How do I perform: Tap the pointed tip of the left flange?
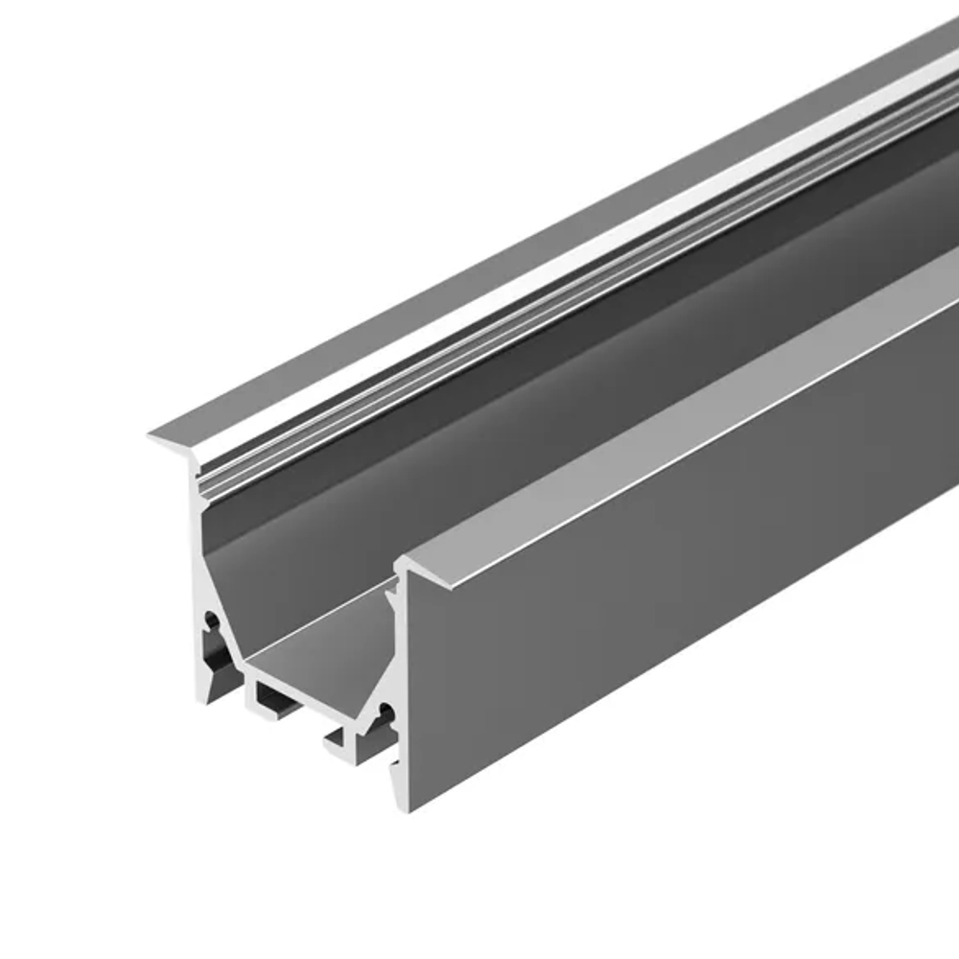coord(152,436)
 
